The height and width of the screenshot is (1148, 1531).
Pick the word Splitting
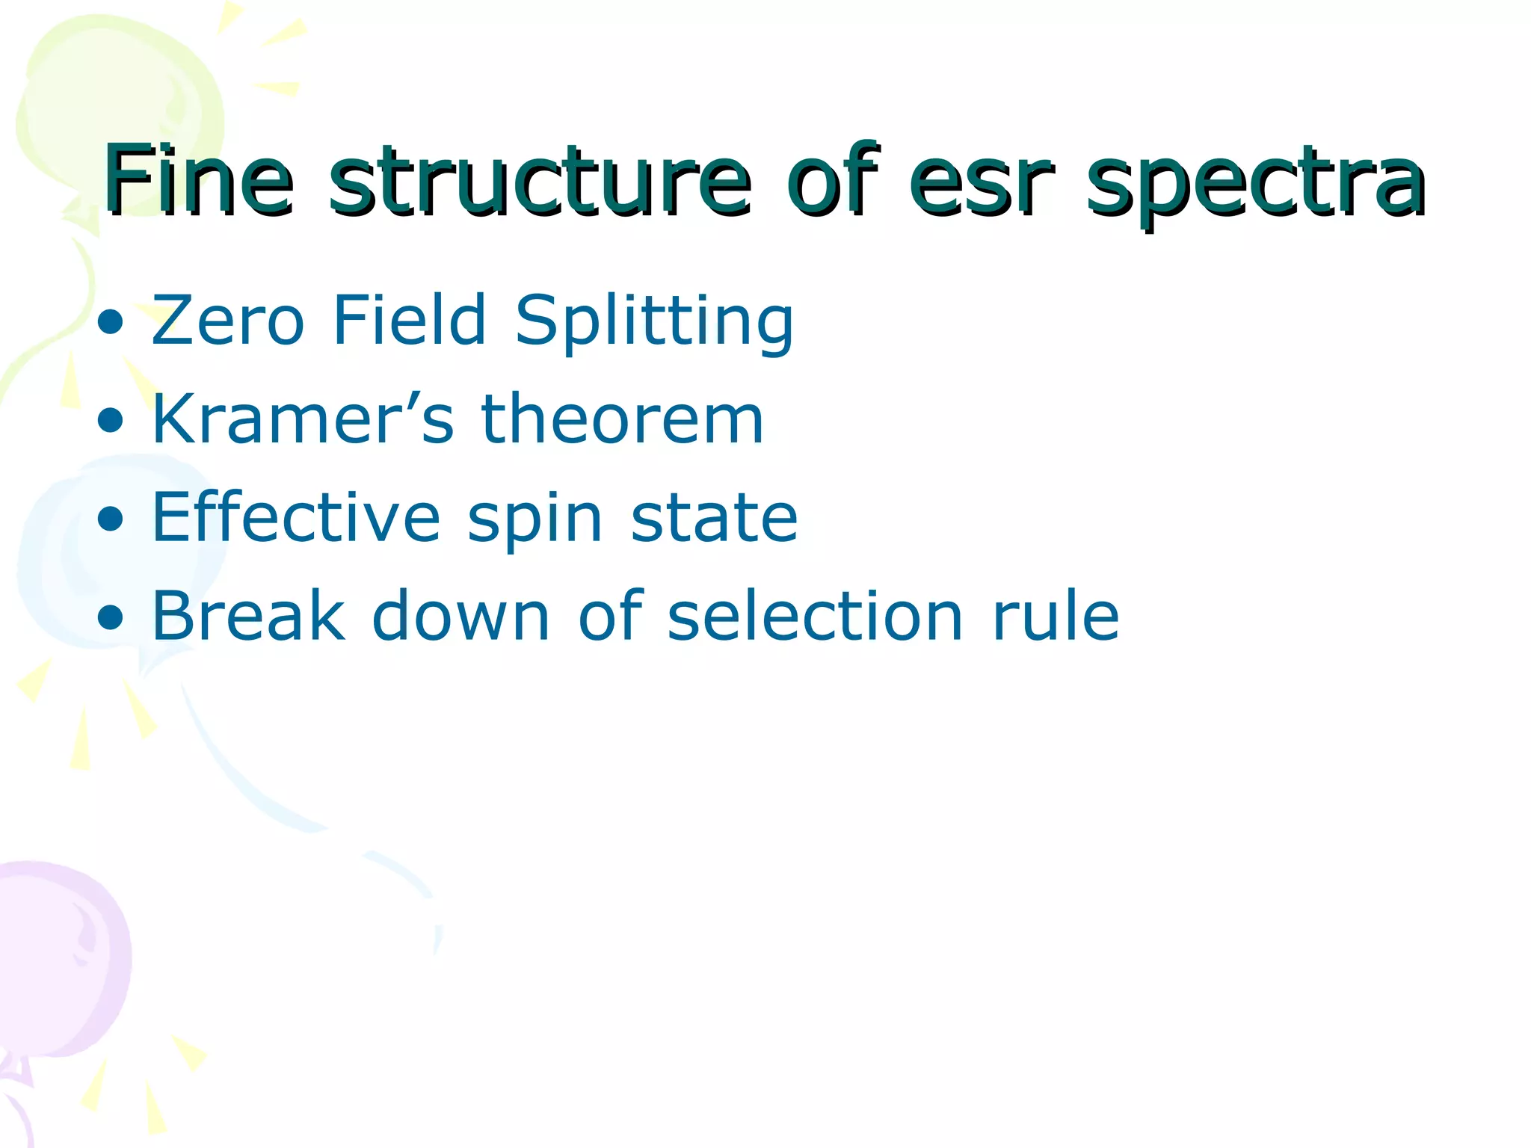point(654,323)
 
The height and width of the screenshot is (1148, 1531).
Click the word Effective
point(296,517)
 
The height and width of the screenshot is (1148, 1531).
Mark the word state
point(714,517)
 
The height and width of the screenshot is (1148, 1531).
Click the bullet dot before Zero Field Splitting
point(111,322)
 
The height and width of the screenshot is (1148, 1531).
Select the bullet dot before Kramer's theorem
point(111,421)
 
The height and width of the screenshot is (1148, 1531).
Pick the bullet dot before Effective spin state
point(111,519)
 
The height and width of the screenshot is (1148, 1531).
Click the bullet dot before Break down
point(111,617)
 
